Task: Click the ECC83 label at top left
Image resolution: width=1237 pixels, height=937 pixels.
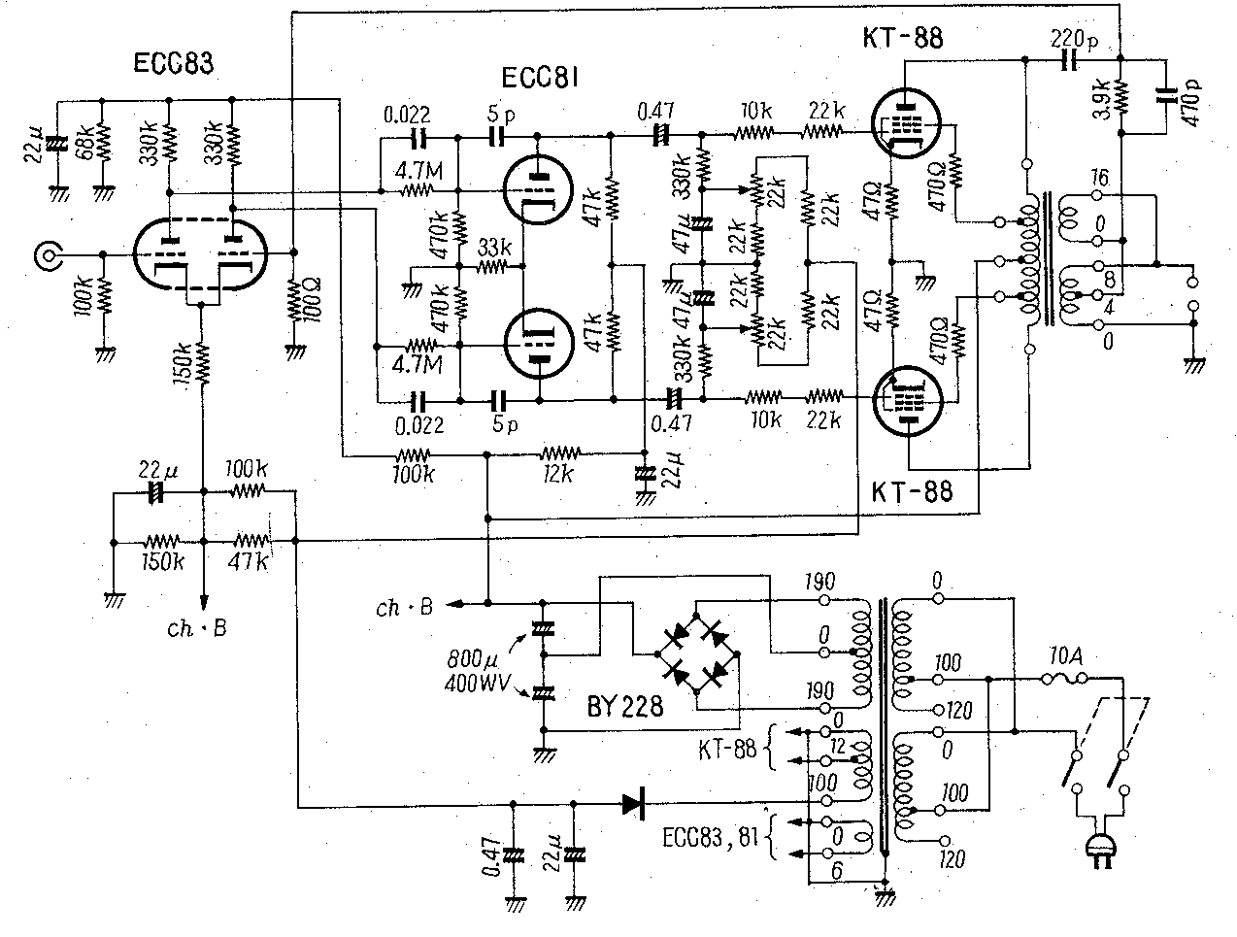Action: (x=175, y=64)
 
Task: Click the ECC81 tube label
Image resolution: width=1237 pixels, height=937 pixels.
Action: (x=541, y=78)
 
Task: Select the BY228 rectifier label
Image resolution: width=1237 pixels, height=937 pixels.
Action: (x=625, y=706)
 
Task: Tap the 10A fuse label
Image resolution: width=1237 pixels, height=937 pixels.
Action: (x=1066, y=656)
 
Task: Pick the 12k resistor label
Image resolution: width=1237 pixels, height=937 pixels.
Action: (x=558, y=475)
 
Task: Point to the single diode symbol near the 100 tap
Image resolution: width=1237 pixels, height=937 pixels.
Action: (x=634, y=803)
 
